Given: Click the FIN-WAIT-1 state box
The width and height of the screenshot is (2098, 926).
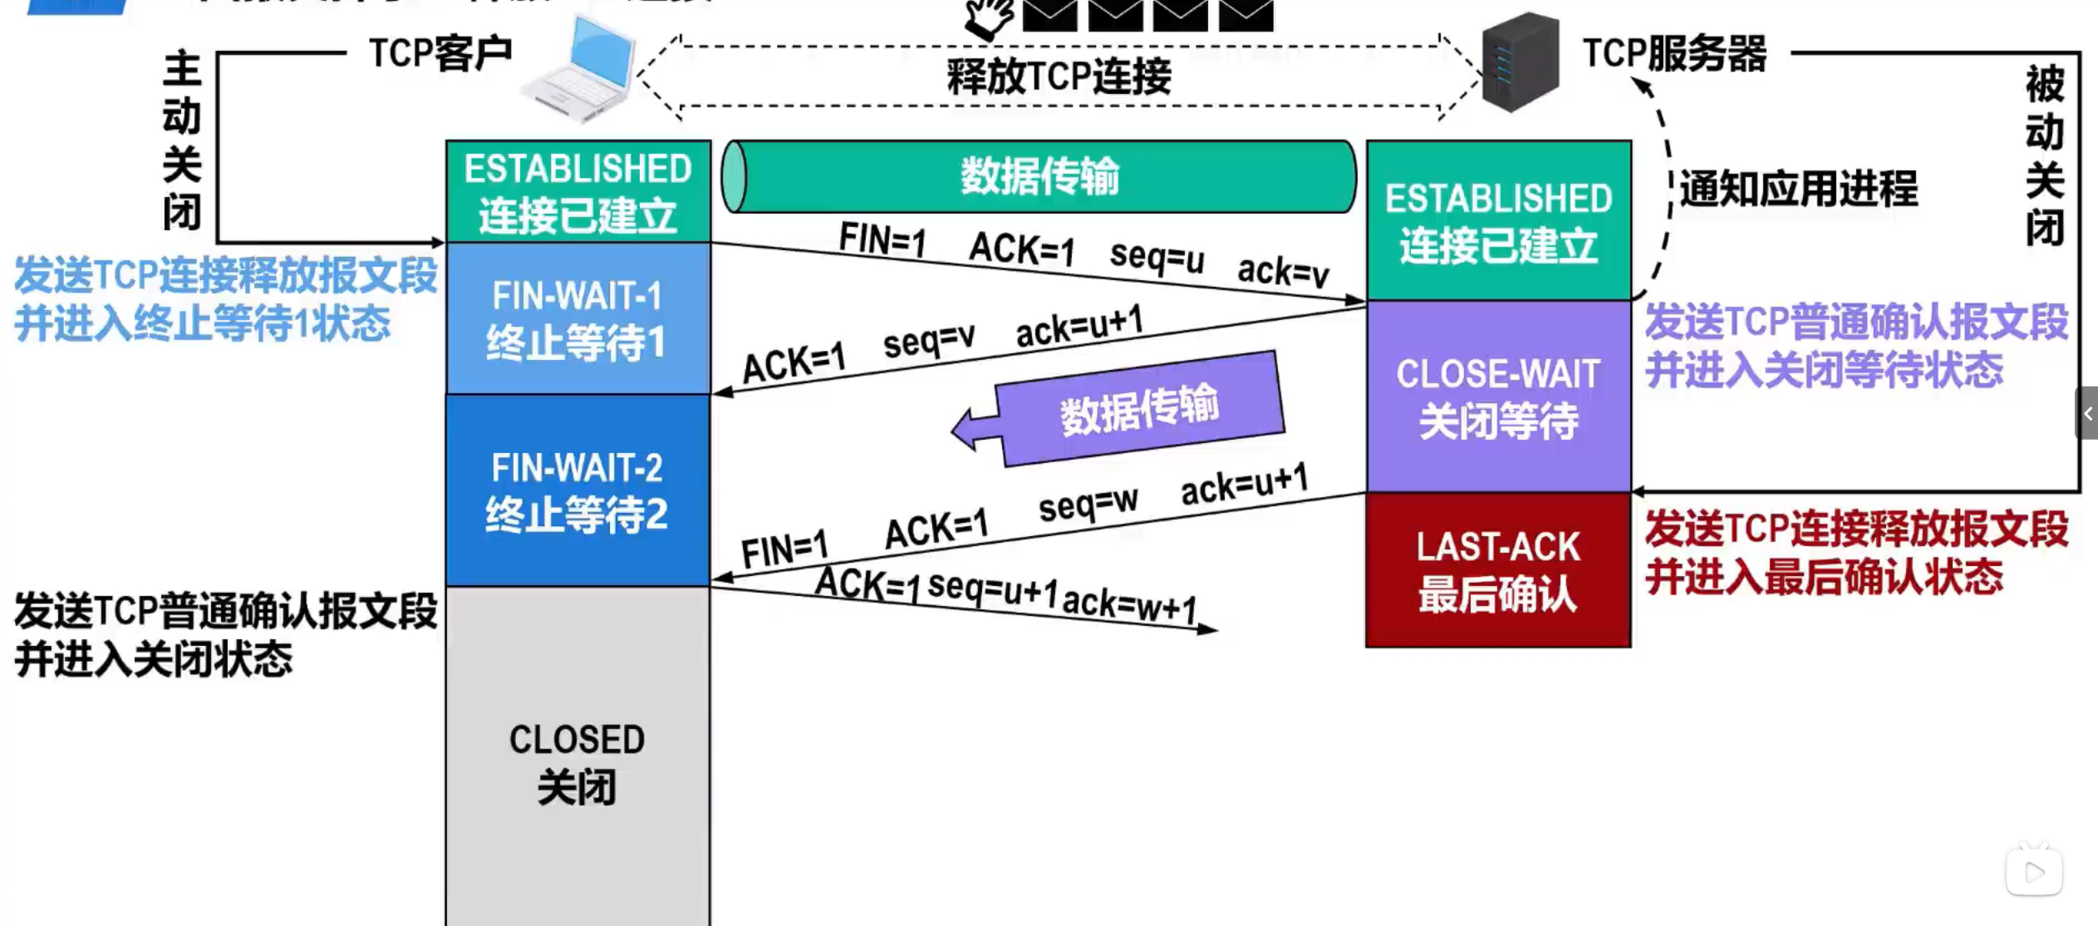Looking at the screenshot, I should (577, 318).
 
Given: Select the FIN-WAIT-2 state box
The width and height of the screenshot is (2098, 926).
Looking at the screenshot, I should (577, 490).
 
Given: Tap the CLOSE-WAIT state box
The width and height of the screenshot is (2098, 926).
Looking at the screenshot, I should (1498, 397).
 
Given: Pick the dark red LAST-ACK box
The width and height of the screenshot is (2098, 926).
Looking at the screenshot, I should (1498, 570).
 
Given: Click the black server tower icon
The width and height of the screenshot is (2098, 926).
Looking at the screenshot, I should (1520, 62).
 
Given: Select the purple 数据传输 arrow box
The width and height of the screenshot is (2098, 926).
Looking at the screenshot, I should (1138, 408).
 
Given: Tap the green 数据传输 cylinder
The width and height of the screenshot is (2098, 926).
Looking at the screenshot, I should (1039, 176).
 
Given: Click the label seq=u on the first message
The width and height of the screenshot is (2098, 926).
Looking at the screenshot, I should (1157, 256).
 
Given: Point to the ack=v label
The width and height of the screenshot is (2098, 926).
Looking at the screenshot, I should (1283, 271).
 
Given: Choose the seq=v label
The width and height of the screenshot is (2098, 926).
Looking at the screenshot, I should (929, 340).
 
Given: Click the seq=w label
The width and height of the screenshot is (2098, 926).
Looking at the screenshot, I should (1088, 503).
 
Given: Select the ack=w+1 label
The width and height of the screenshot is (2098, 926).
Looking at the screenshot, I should (1130, 605).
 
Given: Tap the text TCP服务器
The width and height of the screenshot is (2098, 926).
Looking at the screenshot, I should (1674, 54).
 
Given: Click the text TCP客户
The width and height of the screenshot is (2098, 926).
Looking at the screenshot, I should (440, 54).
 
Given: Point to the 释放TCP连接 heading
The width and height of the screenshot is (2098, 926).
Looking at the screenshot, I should (1059, 77).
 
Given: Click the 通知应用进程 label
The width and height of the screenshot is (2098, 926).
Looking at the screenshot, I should (1798, 189).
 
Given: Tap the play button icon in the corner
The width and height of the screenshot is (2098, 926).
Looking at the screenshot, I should (2033, 872).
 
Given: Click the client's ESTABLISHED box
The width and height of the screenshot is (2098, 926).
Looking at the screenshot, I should (577, 191).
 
